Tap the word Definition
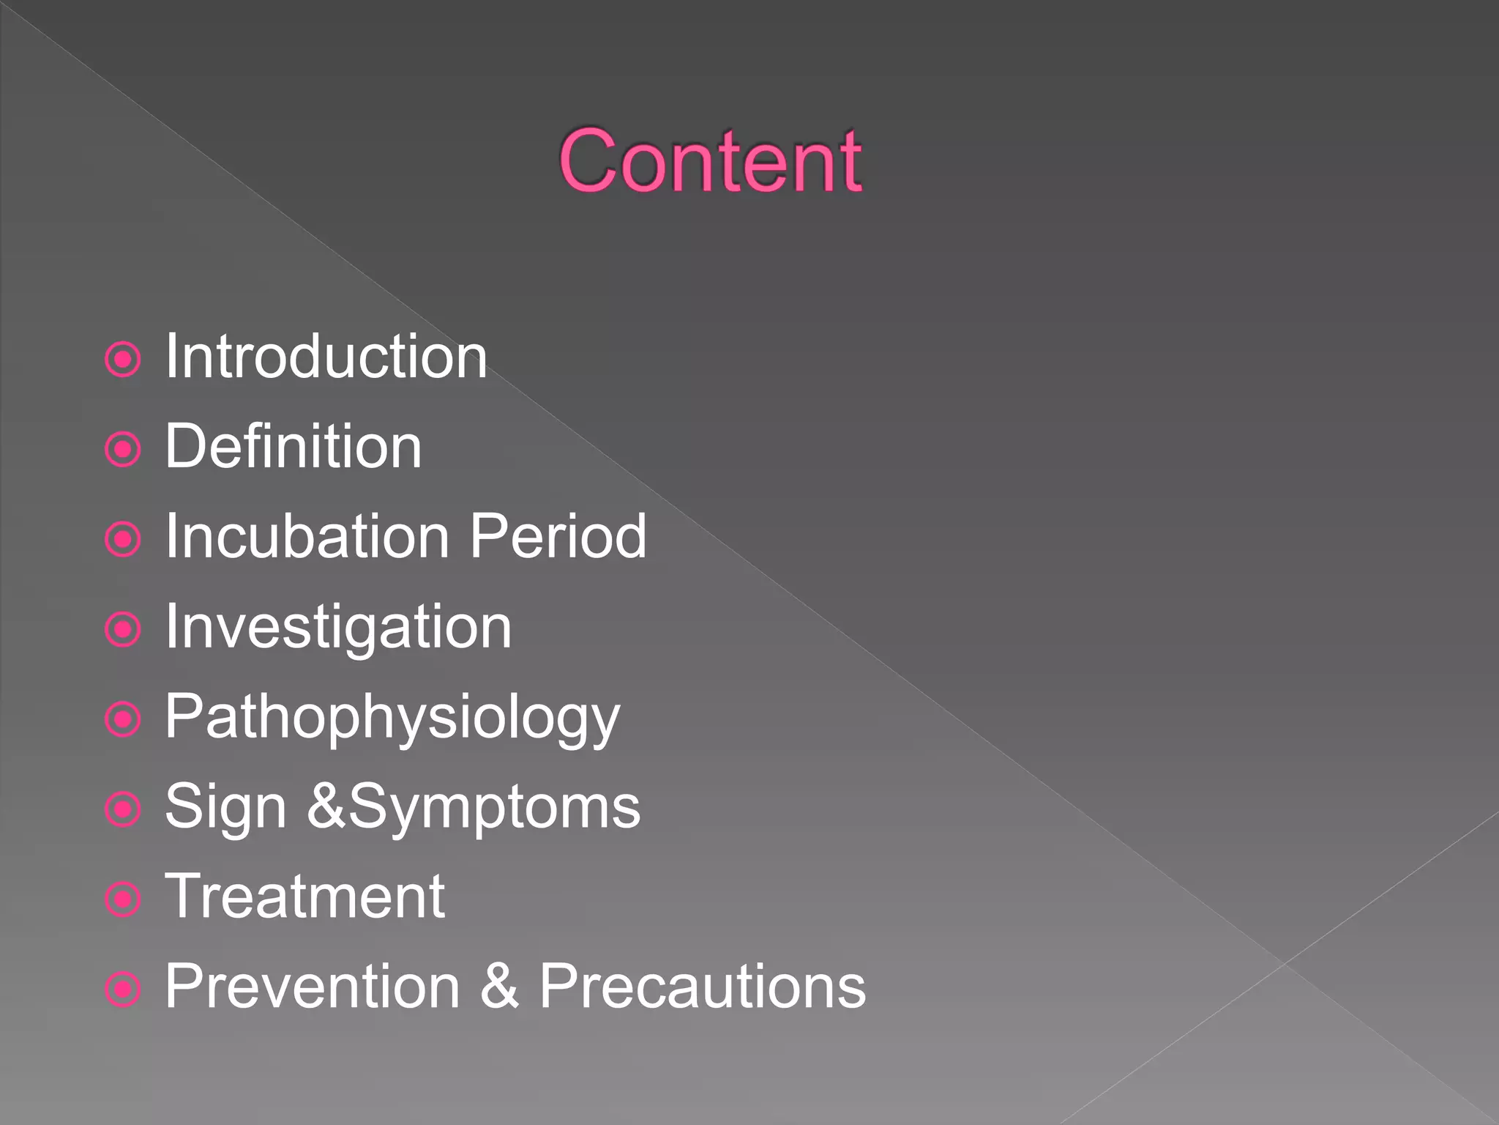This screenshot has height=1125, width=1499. tap(293, 447)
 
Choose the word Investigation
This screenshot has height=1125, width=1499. tap(338, 628)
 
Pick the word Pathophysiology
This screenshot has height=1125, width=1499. tap(392, 718)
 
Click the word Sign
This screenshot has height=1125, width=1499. tap(225, 808)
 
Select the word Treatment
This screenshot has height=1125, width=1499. tap(304, 897)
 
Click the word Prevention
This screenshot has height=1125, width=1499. tap(313, 987)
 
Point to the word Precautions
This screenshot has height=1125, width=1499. tap(703, 987)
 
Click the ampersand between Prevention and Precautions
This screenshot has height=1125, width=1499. tap(500, 987)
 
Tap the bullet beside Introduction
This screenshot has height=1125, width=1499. tap(123, 360)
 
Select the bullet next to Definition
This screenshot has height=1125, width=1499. tap(123, 450)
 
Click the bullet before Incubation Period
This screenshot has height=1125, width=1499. tap(123, 540)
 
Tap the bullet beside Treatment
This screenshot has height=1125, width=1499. tap(123, 899)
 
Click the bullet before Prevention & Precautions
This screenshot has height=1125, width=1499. tap(123, 990)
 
